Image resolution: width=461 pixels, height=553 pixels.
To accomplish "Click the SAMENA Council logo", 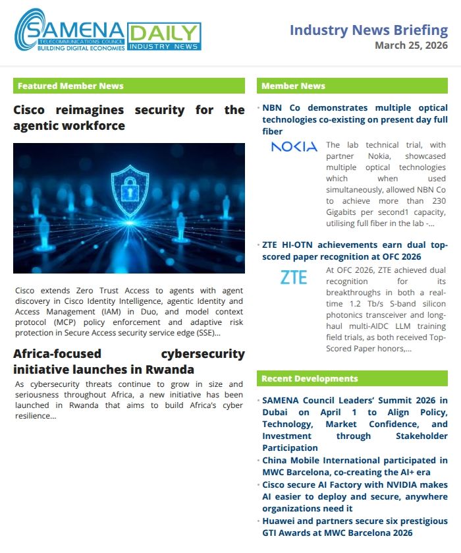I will pyautogui.click(x=69, y=30).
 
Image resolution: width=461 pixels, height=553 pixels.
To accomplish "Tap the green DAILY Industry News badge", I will pyautogui.click(x=163, y=36).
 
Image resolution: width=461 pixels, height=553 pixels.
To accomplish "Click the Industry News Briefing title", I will pyautogui.click(x=369, y=30).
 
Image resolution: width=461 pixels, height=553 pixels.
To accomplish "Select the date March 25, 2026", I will pyautogui.click(x=411, y=45).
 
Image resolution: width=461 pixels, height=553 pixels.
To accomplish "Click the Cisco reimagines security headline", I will pyautogui.click(x=129, y=117).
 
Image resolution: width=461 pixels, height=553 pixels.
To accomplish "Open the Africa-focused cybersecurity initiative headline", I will pyautogui.click(x=129, y=361).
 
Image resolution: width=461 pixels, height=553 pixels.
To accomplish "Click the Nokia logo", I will pyautogui.click(x=294, y=146).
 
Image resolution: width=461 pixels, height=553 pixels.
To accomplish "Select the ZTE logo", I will pyautogui.click(x=293, y=277).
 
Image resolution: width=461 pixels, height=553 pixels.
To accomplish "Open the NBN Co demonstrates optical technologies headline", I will pyautogui.click(x=354, y=119).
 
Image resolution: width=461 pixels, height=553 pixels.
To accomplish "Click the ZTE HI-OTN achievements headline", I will pyautogui.click(x=354, y=250).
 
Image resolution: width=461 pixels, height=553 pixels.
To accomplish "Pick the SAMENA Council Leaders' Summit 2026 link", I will pyautogui.click(x=354, y=424).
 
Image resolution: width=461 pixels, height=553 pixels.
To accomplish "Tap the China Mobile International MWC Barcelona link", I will pyautogui.click(x=354, y=466).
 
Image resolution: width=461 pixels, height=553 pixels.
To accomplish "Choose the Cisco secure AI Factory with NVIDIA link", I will pyautogui.click(x=354, y=496).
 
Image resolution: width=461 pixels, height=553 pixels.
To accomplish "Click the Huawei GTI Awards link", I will pyautogui.click(x=354, y=527).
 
